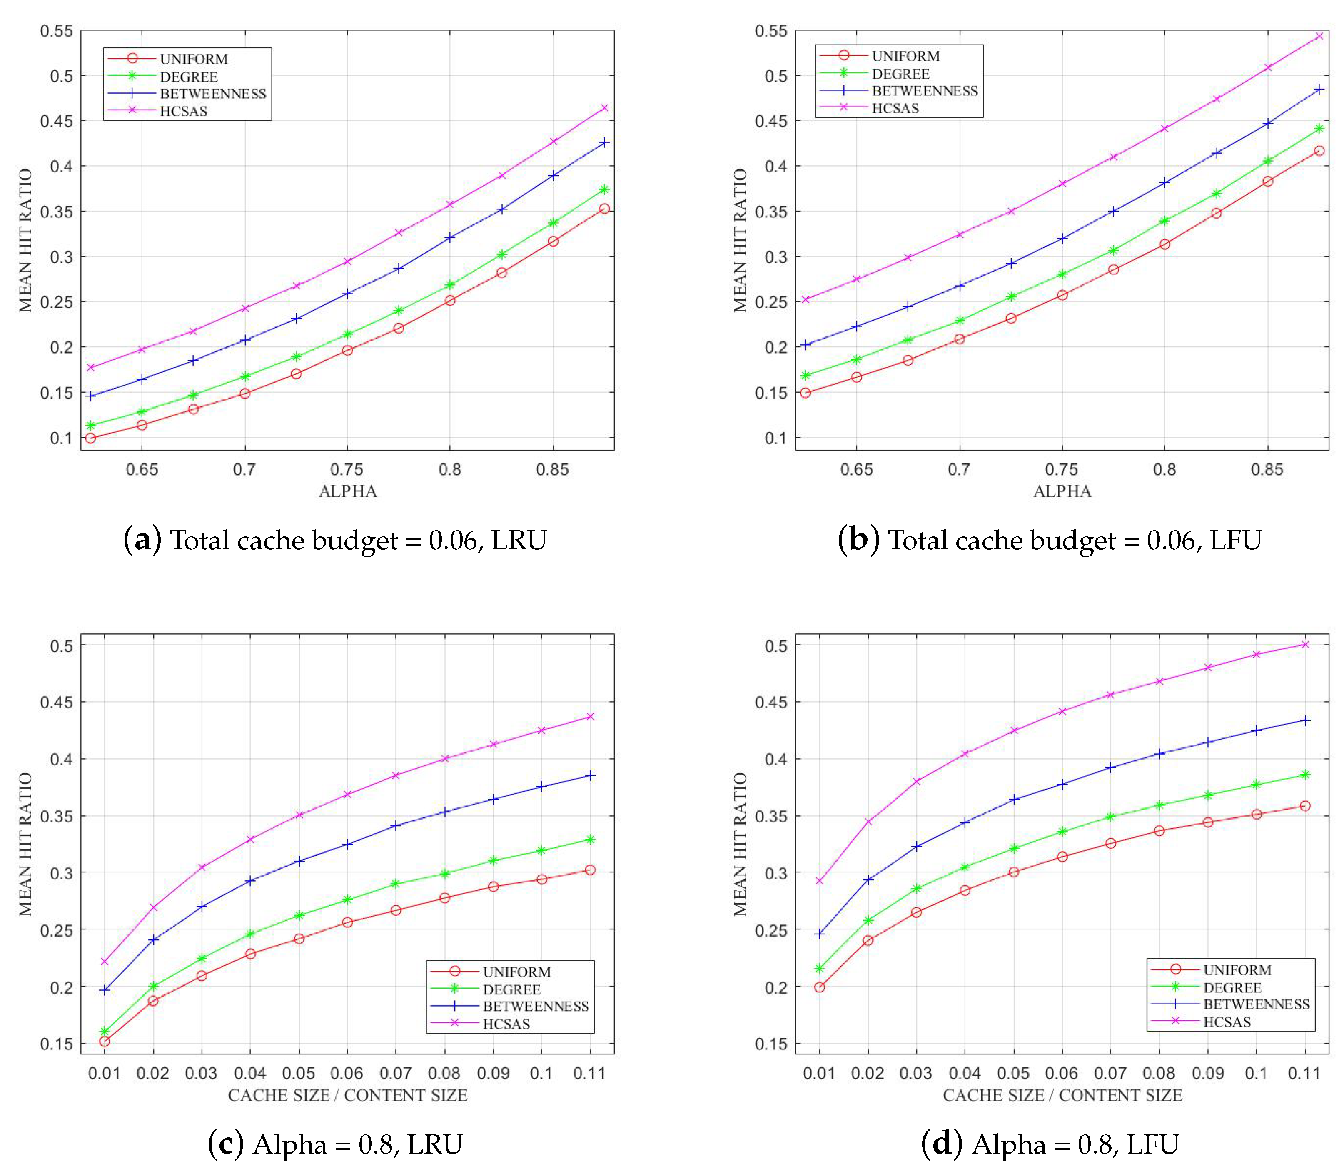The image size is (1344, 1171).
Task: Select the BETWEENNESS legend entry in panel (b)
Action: click(x=925, y=91)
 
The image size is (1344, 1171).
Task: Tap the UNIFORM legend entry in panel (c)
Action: click(x=516, y=972)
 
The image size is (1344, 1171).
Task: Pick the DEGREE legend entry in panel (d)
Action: click(x=1232, y=987)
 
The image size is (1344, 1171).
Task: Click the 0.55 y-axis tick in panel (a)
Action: click(x=56, y=31)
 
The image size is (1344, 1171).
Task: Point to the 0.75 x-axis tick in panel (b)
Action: click(x=1062, y=469)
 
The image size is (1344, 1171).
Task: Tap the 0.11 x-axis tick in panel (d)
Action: click(x=1304, y=1073)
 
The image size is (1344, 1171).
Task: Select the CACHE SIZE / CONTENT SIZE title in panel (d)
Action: click(x=1062, y=1095)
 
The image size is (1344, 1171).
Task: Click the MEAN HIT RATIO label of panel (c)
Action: click(x=25, y=844)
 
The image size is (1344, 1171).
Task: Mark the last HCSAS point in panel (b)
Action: click(x=1319, y=36)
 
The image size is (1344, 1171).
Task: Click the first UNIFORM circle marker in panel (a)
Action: click(x=91, y=438)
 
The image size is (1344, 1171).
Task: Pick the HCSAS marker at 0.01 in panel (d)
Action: click(x=819, y=881)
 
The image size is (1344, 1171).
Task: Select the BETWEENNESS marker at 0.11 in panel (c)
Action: click(x=591, y=776)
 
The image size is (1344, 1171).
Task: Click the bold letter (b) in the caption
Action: click(x=858, y=540)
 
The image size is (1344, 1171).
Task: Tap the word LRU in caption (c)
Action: click(x=434, y=1144)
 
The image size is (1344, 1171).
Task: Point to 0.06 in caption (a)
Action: click(x=452, y=541)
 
